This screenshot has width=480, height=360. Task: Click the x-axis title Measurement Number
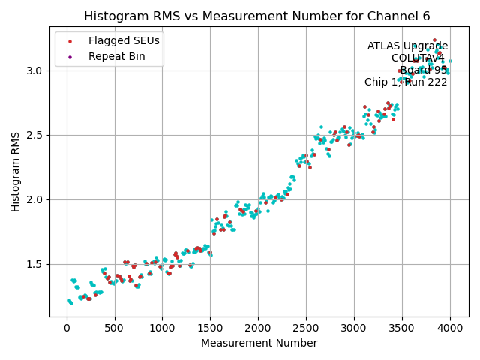(x=259, y=343)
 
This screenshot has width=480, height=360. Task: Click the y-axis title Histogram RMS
(x=16, y=172)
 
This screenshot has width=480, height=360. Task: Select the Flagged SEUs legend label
(x=124, y=40)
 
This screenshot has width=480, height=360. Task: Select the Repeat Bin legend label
(x=115, y=56)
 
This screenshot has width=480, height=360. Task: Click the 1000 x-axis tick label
(x=163, y=328)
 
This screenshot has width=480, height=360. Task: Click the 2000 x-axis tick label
(x=259, y=328)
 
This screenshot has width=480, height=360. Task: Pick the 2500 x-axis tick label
(x=306, y=328)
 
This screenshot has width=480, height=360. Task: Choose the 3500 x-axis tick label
(x=402, y=328)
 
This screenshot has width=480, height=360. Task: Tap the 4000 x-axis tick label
(x=450, y=328)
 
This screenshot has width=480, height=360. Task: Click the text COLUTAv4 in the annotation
(x=418, y=58)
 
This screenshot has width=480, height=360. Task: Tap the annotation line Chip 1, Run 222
(x=406, y=82)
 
